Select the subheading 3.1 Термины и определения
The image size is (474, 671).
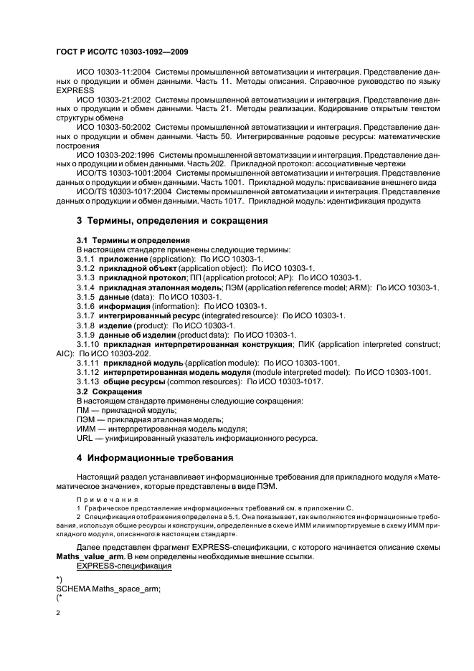133,240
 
